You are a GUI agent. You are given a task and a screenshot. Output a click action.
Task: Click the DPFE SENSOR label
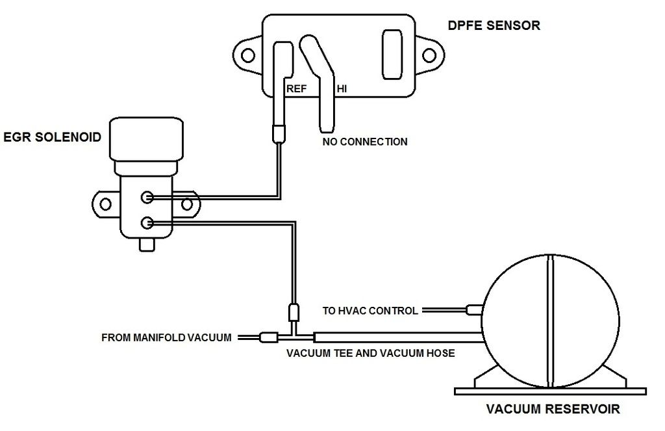pos(494,26)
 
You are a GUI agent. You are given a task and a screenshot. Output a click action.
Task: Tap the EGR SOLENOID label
pos(52,137)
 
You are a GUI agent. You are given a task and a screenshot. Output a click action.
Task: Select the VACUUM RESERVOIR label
pos(553,410)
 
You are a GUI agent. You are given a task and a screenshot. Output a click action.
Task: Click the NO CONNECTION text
pos(365,141)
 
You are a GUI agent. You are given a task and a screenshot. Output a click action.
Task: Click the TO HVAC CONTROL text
pos(370,311)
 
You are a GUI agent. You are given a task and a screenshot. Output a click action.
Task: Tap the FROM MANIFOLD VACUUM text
pos(166,338)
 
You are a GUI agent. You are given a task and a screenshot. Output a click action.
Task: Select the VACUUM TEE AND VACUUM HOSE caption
pos(371,354)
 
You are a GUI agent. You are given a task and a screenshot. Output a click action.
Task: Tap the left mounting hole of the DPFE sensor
pos(247,56)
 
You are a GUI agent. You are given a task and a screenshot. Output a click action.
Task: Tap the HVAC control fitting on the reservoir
pos(475,311)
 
